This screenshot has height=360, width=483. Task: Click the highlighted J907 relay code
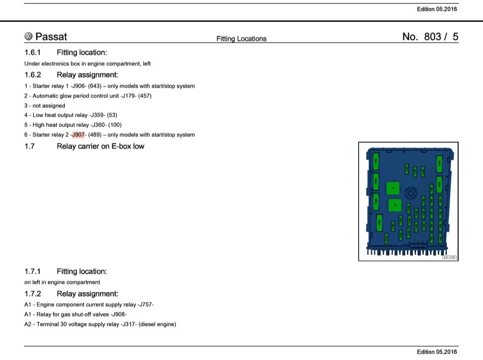tap(78, 135)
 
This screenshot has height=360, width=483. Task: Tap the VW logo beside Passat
tap(29, 37)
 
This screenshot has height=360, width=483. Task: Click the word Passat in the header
tap(51, 37)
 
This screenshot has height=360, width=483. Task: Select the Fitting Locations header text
tap(241, 39)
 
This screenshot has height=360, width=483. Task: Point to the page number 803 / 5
tap(430, 37)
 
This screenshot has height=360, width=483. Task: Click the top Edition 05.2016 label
tap(436, 9)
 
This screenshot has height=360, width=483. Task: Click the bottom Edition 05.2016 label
tap(436, 352)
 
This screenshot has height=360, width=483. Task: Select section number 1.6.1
tap(33, 52)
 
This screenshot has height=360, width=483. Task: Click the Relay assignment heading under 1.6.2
tap(87, 75)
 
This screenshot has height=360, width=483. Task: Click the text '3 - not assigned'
tap(45, 106)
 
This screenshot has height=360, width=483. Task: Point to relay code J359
tap(97, 115)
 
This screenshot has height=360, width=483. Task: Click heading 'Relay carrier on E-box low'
tap(100, 146)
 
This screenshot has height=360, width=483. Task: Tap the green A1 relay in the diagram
tap(393, 188)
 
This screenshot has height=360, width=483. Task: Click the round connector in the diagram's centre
tap(411, 193)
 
